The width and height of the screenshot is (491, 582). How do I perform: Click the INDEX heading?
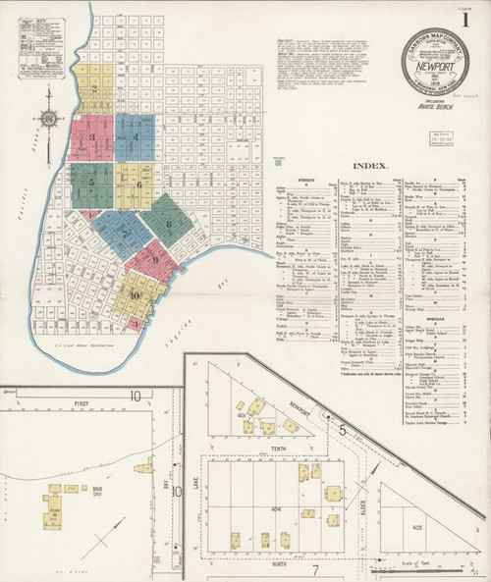pos(370,167)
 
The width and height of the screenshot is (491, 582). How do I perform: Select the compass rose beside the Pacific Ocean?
pos(45,120)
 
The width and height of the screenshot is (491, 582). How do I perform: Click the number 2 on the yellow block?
pos(93,88)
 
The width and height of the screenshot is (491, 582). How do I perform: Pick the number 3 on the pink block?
pos(92,137)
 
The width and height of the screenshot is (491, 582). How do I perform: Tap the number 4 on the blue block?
pos(135,136)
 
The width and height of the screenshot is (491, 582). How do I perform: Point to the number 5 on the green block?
pos(90,183)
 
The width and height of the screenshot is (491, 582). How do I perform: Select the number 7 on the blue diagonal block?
pos(125,234)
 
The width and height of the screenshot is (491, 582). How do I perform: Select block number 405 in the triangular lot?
pos(416,526)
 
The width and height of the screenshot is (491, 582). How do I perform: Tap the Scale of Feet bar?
pos(447,561)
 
